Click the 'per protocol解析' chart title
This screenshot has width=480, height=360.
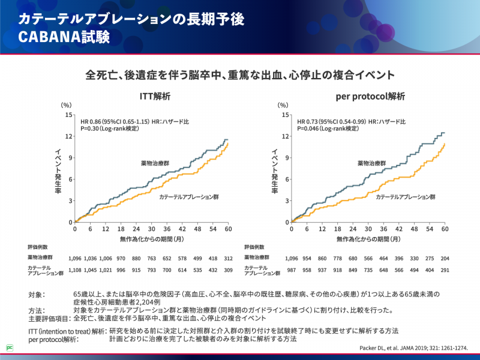click(x=370, y=96)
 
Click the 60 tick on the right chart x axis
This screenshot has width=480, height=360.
click(x=445, y=229)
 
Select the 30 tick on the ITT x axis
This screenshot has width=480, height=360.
click(x=152, y=229)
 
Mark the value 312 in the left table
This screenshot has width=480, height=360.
click(x=228, y=257)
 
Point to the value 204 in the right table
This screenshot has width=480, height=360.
click(x=445, y=257)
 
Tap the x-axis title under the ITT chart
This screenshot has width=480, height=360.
click(x=151, y=239)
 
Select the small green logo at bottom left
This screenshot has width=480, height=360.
click(x=10, y=347)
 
